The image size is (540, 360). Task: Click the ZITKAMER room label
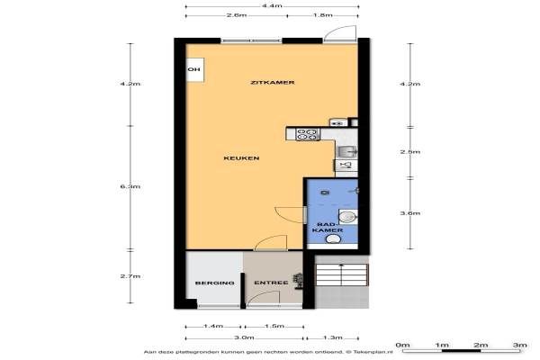pyautogui.click(x=273, y=83)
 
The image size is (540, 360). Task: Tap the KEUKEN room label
pyautogui.click(x=241, y=158)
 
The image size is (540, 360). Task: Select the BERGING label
pyautogui.click(x=215, y=283)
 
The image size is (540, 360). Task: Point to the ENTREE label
pyautogui.click(x=271, y=283)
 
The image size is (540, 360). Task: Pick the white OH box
pyautogui.click(x=195, y=70)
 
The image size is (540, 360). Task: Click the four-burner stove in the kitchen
pyautogui.click(x=307, y=134)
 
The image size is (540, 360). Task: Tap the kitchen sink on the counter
pyautogui.click(x=346, y=151)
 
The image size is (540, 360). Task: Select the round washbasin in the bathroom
pyautogui.click(x=346, y=218)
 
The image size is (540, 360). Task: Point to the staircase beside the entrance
pyautogui.click(x=342, y=274)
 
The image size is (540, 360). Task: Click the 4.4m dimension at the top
pyautogui.click(x=272, y=6)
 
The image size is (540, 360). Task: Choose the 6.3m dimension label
pyautogui.click(x=130, y=186)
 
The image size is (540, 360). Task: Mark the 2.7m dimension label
pyautogui.click(x=130, y=276)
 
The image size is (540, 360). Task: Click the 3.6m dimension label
pyautogui.click(x=410, y=213)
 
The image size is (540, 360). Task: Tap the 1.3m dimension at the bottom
pyautogui.click(x=333, y=337)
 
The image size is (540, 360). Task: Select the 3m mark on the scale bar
pyautogui.click(x=520, y=345)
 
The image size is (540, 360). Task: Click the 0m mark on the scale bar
pyautogui.click(x=402, y=345)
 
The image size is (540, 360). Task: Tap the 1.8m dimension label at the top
pyautogui.click(x=323, y=15)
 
